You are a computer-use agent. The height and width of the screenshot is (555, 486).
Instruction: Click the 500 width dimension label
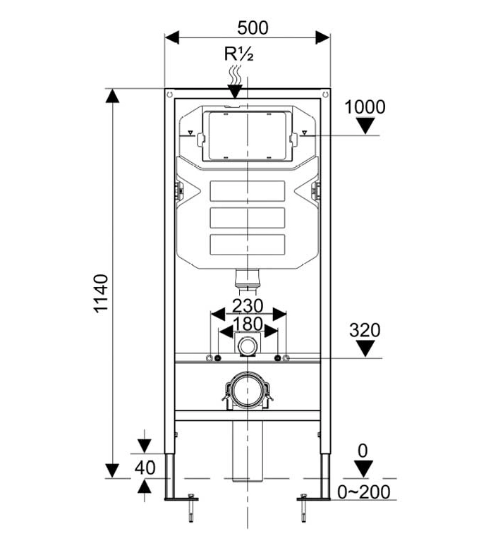point(253,28)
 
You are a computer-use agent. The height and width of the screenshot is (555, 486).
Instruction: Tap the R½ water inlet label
point(238,54)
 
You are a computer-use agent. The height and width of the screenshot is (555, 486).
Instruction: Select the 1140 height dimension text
point(102,294)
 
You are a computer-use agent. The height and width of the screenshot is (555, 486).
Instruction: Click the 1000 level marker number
point(365,107)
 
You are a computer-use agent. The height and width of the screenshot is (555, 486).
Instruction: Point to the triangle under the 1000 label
point(365,126)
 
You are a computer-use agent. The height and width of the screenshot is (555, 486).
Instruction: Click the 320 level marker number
point(365,330)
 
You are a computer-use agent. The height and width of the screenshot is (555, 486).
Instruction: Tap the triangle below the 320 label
point(365,348)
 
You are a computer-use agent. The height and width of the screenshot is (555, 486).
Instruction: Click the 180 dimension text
point(248,324)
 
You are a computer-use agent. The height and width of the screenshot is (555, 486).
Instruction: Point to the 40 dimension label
point(145,467)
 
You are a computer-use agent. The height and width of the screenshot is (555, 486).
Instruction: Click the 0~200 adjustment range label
point(364,492)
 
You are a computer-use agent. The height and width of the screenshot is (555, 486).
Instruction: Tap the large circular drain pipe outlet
point(247,389)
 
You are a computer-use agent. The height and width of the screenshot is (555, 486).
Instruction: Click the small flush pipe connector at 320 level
point(248,347)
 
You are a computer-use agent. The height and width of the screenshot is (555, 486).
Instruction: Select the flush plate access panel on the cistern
point(247,135)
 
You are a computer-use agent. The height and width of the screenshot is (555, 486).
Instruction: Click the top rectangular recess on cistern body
point(247,191)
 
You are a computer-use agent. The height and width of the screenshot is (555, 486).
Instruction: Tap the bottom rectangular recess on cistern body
point(247,244)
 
